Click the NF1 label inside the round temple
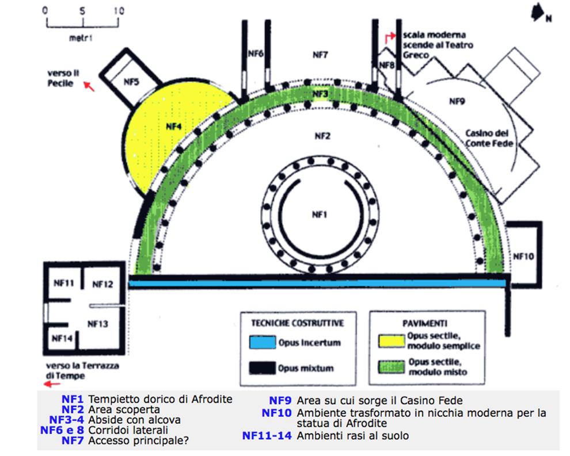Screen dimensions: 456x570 319,214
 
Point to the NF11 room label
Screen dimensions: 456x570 63,283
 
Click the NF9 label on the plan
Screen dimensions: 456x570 457,101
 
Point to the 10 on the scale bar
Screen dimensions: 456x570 119,11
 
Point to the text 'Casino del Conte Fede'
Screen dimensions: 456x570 489,139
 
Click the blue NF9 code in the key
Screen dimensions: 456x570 280,400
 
